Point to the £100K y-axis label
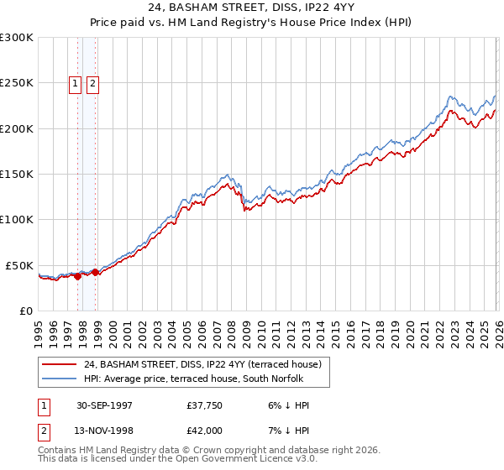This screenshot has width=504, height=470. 17,219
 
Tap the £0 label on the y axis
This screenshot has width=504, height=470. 27,311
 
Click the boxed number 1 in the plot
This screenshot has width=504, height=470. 75,83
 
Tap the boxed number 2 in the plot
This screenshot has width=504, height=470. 92,83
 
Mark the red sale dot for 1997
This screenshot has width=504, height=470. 78,276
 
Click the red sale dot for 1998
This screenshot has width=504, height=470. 96,272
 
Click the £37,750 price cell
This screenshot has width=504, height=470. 205,405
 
